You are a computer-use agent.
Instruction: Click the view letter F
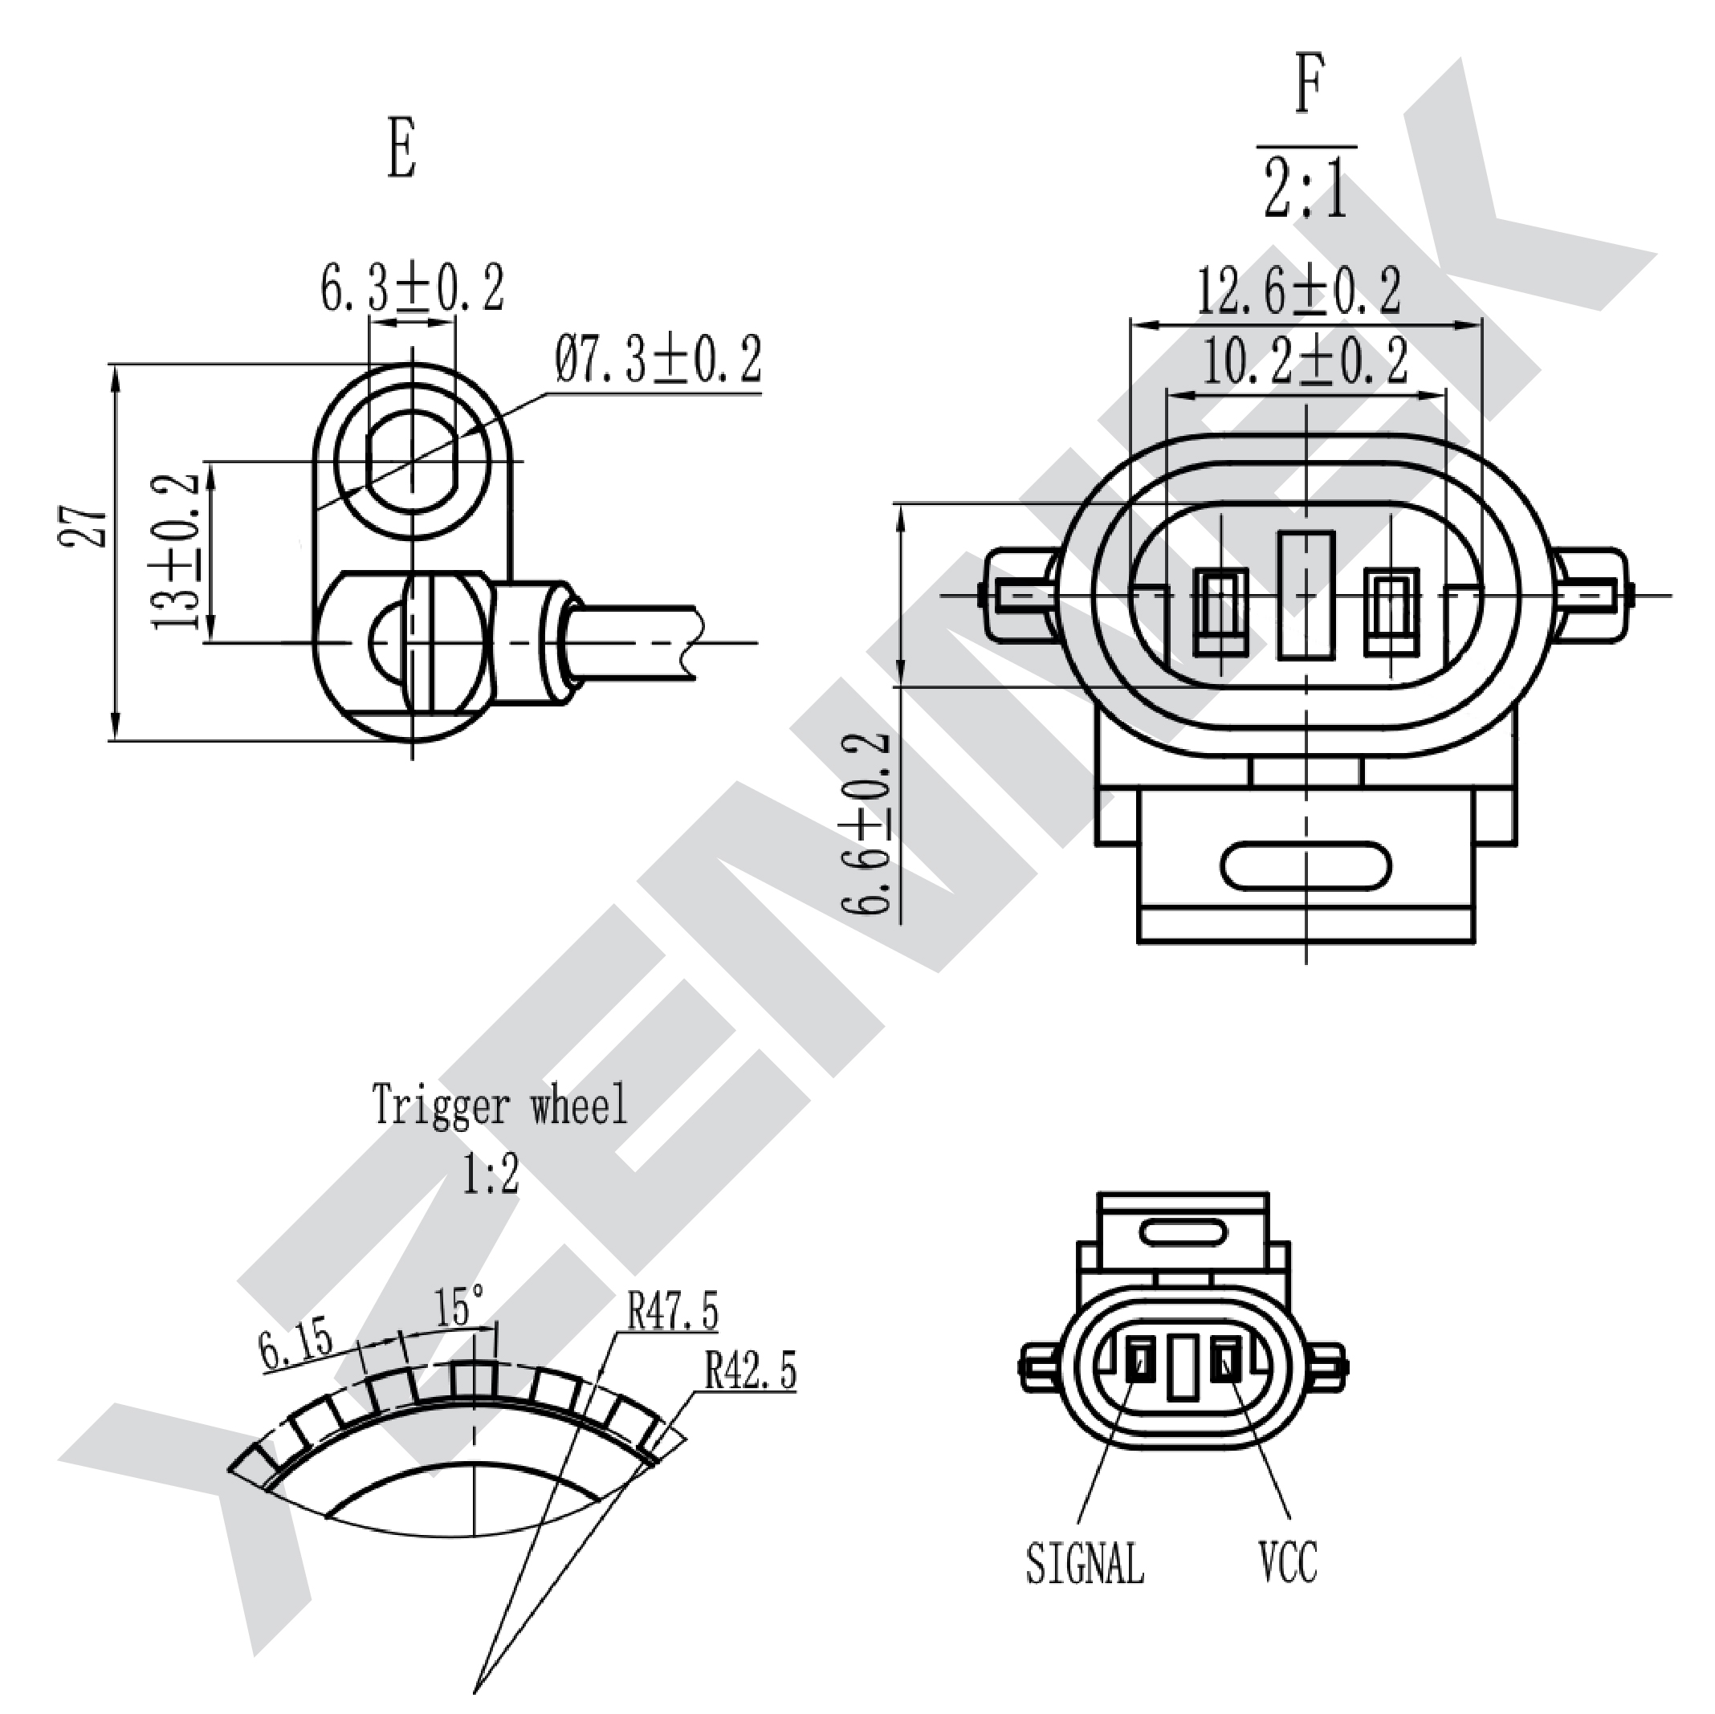[1310, 83]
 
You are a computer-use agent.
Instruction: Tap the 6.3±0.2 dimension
[412, 287]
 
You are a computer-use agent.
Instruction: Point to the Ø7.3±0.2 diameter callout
[658, 359]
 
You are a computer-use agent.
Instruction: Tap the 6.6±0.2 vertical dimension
[864, 823]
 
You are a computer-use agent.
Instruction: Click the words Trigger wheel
[499, 1105]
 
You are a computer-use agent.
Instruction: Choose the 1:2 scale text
[490, 1175]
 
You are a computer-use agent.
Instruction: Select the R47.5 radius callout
[673, 1311]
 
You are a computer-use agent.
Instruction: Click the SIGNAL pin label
[1085, 1563]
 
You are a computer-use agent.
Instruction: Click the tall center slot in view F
[1306, 596]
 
